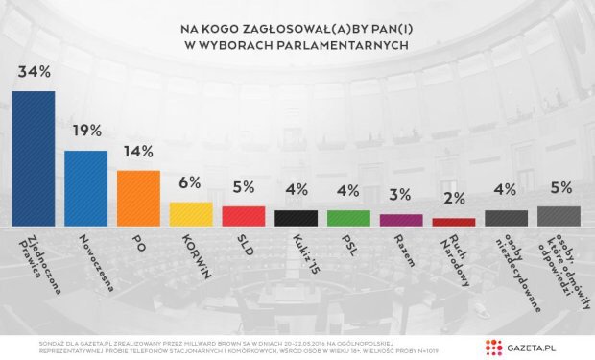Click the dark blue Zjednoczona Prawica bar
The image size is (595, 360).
tap(34, 158)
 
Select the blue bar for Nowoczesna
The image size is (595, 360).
tap(85, 187)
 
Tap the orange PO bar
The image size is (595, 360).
tap(138, 198)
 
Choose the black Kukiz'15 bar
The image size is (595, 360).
tap(296, 218)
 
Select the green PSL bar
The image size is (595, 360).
tap(348, 218)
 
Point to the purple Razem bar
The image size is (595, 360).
tap(401, 220)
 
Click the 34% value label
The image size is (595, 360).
tap(34, 73)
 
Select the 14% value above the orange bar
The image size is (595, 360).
tap(138, 152)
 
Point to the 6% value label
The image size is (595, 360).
tap(191, 183)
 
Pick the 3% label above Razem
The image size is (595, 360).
tap(401, 196)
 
